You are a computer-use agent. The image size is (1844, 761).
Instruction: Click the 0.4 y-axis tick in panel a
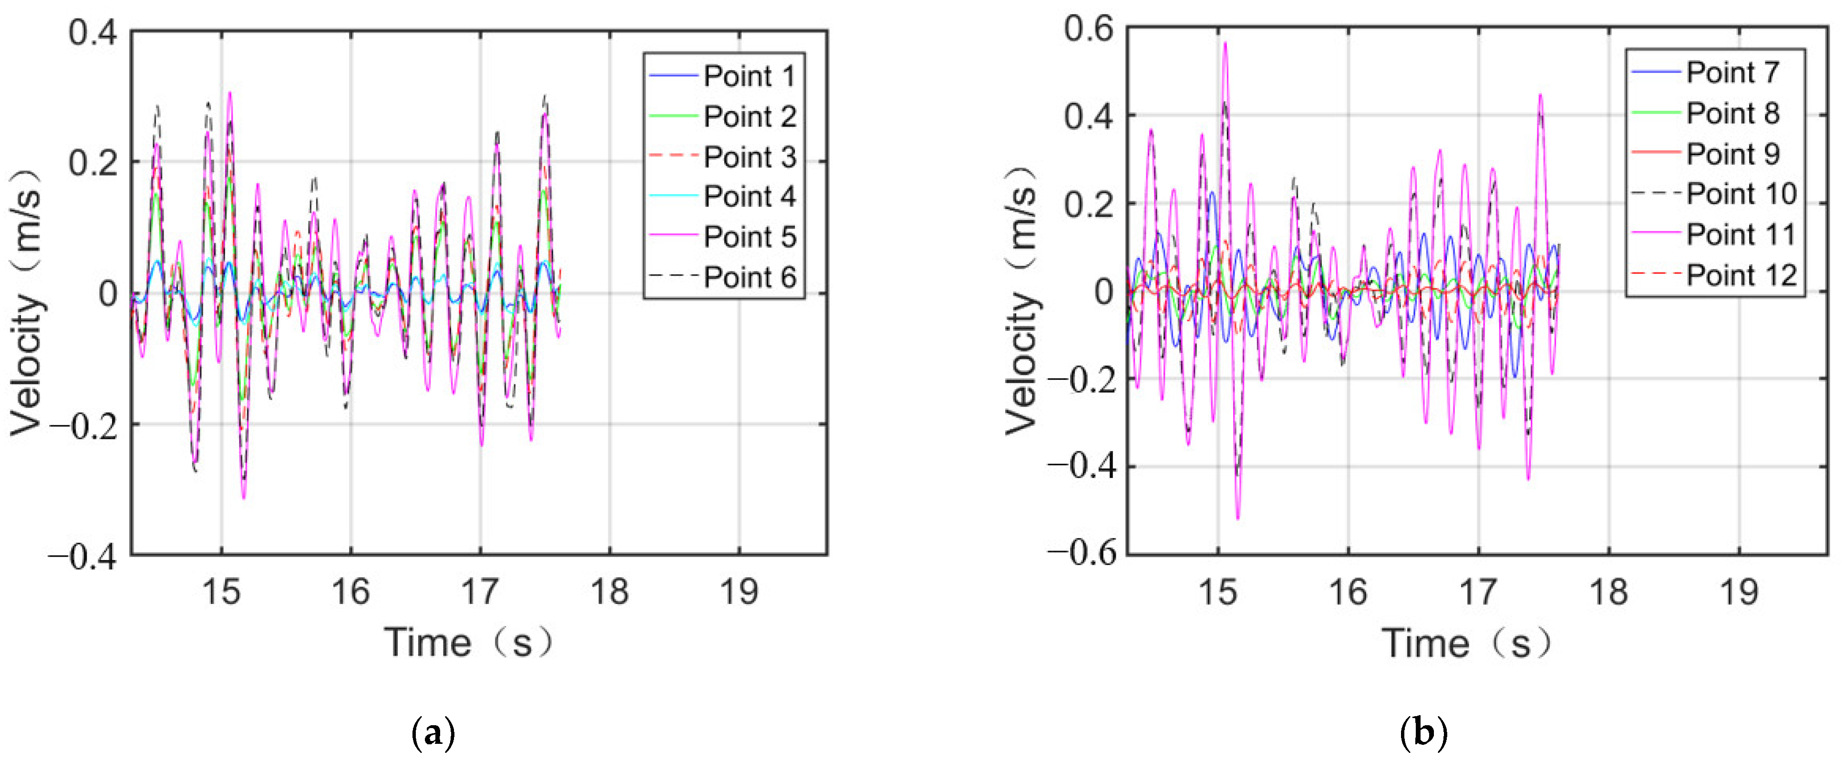click(x=93, y=32)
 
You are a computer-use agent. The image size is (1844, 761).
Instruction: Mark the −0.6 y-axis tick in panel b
click(x=1081, y=553)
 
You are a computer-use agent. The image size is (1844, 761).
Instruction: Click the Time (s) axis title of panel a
click(x=469, y=642)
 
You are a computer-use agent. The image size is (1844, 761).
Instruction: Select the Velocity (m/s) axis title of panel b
click(x=1022, y=301)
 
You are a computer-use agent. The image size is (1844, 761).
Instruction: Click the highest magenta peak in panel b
click(x=1225, y=43)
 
